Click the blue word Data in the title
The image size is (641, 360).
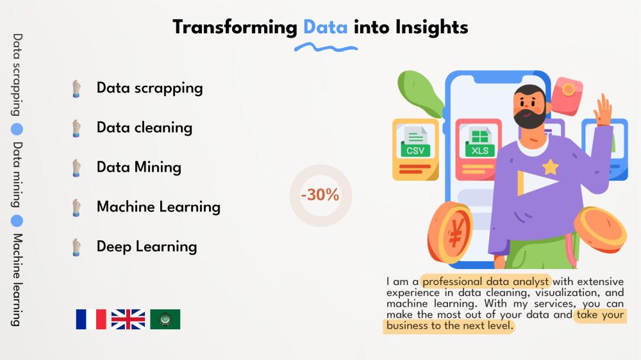coord(326,28)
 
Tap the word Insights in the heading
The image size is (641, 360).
coord(431,28)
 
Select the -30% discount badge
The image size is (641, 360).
coord(320,195)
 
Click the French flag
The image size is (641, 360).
coord(91,319)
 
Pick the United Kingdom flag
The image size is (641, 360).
coord(128,319)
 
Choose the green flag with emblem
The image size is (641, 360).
coord(165,319)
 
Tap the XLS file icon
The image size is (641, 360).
coord(479,143)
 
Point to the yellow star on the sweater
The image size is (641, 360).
coord(550,167)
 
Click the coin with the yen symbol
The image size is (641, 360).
coord(450,232)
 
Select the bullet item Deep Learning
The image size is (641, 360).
coord(147,247)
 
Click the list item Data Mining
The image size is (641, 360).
coord(139,168)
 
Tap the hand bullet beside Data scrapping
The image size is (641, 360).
coord(76,88)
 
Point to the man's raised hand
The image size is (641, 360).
coord(602,109)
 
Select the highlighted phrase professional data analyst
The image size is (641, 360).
coord(485,282)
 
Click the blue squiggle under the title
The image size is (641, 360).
coord(326,48)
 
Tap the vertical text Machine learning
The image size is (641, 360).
coord(17,280)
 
